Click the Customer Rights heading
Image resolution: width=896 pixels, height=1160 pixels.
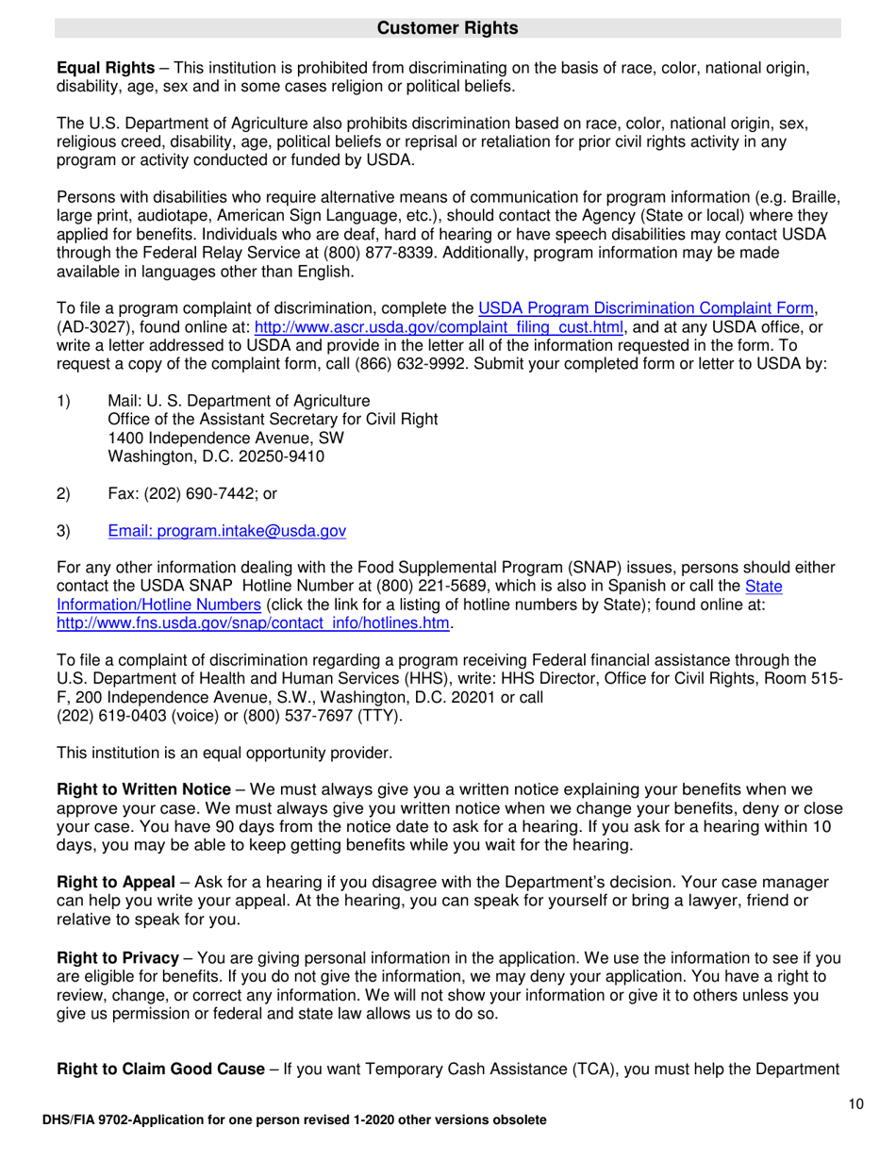447,28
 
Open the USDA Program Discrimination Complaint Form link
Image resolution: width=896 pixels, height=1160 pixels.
646,307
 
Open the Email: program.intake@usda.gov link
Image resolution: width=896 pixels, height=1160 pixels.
227,532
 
